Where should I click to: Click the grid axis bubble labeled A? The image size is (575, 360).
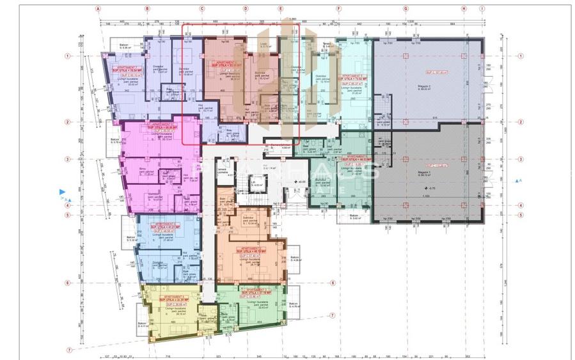point(98,10)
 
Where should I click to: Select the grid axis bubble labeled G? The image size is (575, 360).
point(405,10)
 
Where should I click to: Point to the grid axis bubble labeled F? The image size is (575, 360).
point(338,10)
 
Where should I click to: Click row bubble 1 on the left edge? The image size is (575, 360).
point(67,56)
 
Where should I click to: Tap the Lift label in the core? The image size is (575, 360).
point(253,182)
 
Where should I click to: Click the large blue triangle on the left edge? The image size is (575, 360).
point(62,191)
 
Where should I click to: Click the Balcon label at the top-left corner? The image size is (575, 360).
point(125,45)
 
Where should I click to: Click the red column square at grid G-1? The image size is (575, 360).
point(406,56)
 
